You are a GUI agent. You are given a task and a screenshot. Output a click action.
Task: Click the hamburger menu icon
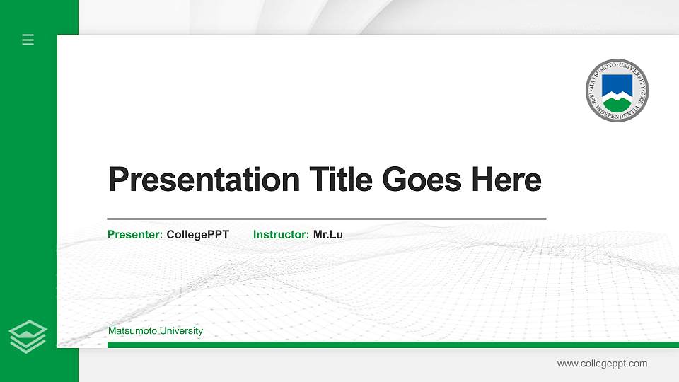click(x=28, y=40)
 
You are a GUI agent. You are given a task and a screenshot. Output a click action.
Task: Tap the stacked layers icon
click(x=28, y=336)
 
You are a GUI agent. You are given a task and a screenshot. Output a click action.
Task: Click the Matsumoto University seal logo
click(x=617, y=90)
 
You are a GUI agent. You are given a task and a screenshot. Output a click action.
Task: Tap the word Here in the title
click(x=506, y=180)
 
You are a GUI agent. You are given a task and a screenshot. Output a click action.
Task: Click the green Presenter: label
click(x=135, y=234)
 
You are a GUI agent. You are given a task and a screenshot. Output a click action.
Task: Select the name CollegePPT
click(x=198, y=234)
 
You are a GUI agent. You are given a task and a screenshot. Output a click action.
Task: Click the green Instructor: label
click(x=281, y=234)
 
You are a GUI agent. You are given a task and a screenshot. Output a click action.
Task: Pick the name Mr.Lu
click(x=328, y=234)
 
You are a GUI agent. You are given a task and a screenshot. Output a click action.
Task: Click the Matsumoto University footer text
click(x=156, y=331)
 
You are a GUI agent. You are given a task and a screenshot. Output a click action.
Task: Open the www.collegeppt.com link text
click(x=602, y=364)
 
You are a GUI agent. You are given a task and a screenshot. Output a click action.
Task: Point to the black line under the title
click(x=326, y=219)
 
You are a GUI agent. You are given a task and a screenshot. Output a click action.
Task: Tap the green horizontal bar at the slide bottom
click(x=389, y=345)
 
